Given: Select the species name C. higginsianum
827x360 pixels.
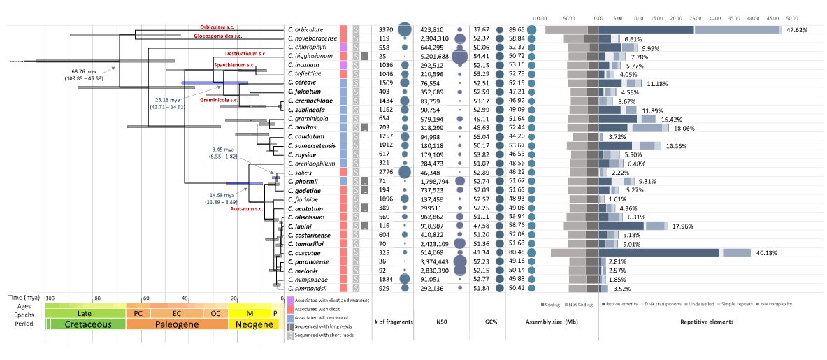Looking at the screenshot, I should (x=311, y=55).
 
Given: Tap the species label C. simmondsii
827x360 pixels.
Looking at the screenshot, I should (x=310, y=287).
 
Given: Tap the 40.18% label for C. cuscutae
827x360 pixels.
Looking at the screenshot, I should (x=766, y=253).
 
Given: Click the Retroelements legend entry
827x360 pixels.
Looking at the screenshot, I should (x=619, y=305).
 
